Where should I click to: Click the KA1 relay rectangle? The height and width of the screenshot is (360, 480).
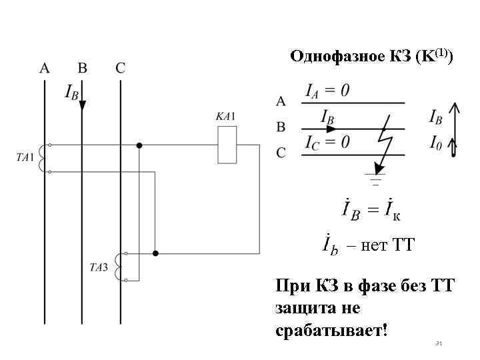tap(227, 145)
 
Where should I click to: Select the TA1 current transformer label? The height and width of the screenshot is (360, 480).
tap(25, 158)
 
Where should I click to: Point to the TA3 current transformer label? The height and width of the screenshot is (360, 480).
tap(99, 267)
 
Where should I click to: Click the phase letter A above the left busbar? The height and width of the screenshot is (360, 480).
tap(45, 68)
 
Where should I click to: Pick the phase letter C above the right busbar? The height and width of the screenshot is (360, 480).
tap(120, 68)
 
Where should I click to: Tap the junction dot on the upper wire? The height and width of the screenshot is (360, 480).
tap(139, 145)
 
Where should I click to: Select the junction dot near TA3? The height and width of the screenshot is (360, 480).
tap(155, 253)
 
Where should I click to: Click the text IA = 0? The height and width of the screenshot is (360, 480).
tap(327, 91)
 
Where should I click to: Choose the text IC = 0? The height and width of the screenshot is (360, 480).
tap(327, 142)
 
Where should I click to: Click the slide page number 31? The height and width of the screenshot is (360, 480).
tap(438, 343)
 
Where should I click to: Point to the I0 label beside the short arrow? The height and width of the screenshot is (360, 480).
tap(435, 142)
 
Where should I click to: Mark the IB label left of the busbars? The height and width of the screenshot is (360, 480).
tap(71, 92)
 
